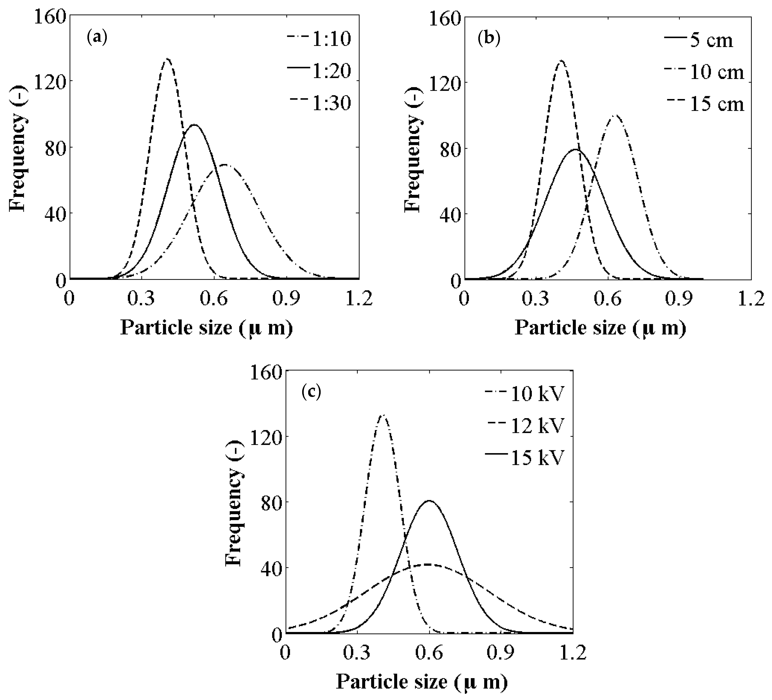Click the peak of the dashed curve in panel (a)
point(167,59)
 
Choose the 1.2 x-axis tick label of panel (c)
point(573,653)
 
